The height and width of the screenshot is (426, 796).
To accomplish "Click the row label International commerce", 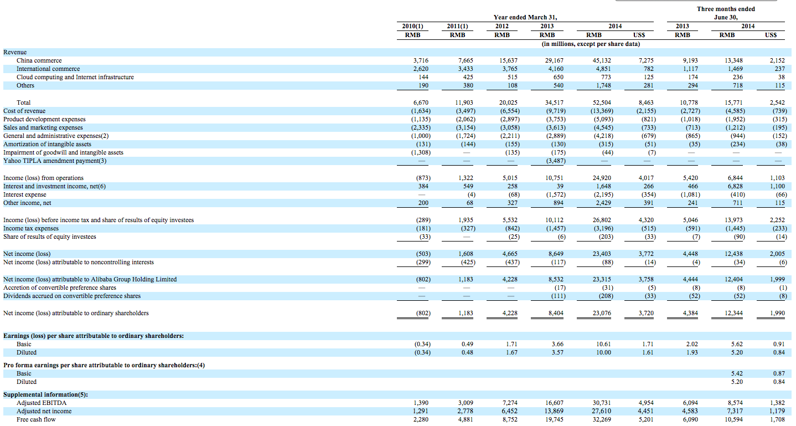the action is tap(48, 69).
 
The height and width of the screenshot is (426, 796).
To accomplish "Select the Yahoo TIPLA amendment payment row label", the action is tap(55, 161).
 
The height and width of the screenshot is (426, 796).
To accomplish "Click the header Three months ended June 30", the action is tap(726, 13).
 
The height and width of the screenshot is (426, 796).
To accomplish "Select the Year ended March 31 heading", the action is tap(525, 17).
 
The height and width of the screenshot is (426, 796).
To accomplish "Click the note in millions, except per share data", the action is tap(591, 44).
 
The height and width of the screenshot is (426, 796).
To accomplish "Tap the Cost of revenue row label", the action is tap(24, 111).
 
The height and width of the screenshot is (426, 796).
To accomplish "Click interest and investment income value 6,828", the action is tap(735, 186).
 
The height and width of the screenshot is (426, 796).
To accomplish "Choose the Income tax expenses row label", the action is tap(31, 228).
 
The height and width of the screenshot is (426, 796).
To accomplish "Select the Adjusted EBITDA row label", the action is tap(41, 403).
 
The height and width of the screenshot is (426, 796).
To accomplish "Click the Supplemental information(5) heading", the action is tap(45, 394).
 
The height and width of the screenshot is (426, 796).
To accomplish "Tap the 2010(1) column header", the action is tap(412, 26).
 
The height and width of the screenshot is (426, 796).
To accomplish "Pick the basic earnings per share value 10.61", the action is tap(603, 344).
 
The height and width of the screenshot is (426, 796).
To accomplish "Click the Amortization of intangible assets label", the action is tap(47, 144).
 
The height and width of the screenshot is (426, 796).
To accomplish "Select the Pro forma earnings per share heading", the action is tap(104, 365).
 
